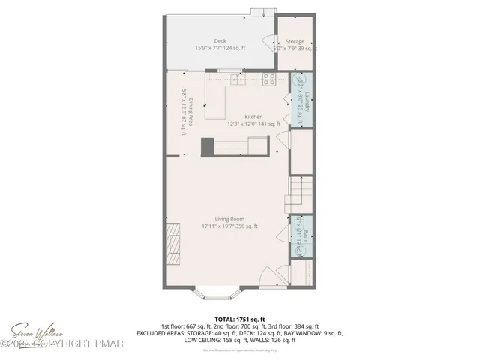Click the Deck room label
click(x=220, y=40)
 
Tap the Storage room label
click(x=295, y=42)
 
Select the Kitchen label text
click(x=253, y=117)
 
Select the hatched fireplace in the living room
click(x=173, y=244)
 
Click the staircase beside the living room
click(x=300, y=193)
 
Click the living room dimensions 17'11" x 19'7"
click(x=229, y=226)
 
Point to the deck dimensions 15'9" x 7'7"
click(x=220, y=48)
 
